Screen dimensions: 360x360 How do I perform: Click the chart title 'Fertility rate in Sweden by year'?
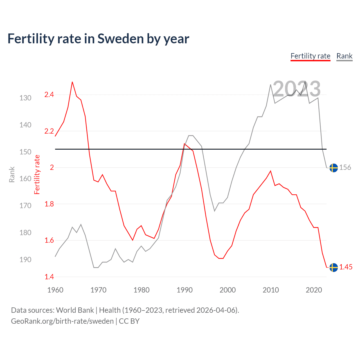point(98,39)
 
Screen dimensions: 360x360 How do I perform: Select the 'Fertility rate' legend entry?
point(310,56)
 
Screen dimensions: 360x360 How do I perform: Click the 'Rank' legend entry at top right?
point(344,56)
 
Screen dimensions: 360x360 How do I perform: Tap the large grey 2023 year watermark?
point(297,89)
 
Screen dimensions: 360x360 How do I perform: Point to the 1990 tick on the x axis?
point(184,290)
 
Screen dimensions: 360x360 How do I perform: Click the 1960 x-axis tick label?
point(55,290)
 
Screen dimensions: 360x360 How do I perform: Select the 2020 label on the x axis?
point(314,290)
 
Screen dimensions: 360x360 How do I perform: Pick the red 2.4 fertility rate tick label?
point(49,95)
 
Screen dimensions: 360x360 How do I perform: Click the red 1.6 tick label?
point(49,240)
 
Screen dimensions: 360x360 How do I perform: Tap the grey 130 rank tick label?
point(25,98)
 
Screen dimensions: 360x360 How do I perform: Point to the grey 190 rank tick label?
point(25,260)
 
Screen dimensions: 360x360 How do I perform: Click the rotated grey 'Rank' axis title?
point(12,175)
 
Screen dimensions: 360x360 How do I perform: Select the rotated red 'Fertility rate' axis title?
point(37,175)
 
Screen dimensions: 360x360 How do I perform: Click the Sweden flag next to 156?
point(334,168)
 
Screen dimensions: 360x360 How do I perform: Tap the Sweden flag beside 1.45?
point(334,267)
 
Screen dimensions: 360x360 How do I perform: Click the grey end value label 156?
point(345,168)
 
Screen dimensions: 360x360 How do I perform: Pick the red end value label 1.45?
point(346,267)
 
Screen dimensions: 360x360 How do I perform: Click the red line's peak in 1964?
point(72,82)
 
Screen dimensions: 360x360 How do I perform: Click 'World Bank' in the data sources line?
point(75,310)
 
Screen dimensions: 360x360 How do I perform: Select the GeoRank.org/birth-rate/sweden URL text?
point(62,321)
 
